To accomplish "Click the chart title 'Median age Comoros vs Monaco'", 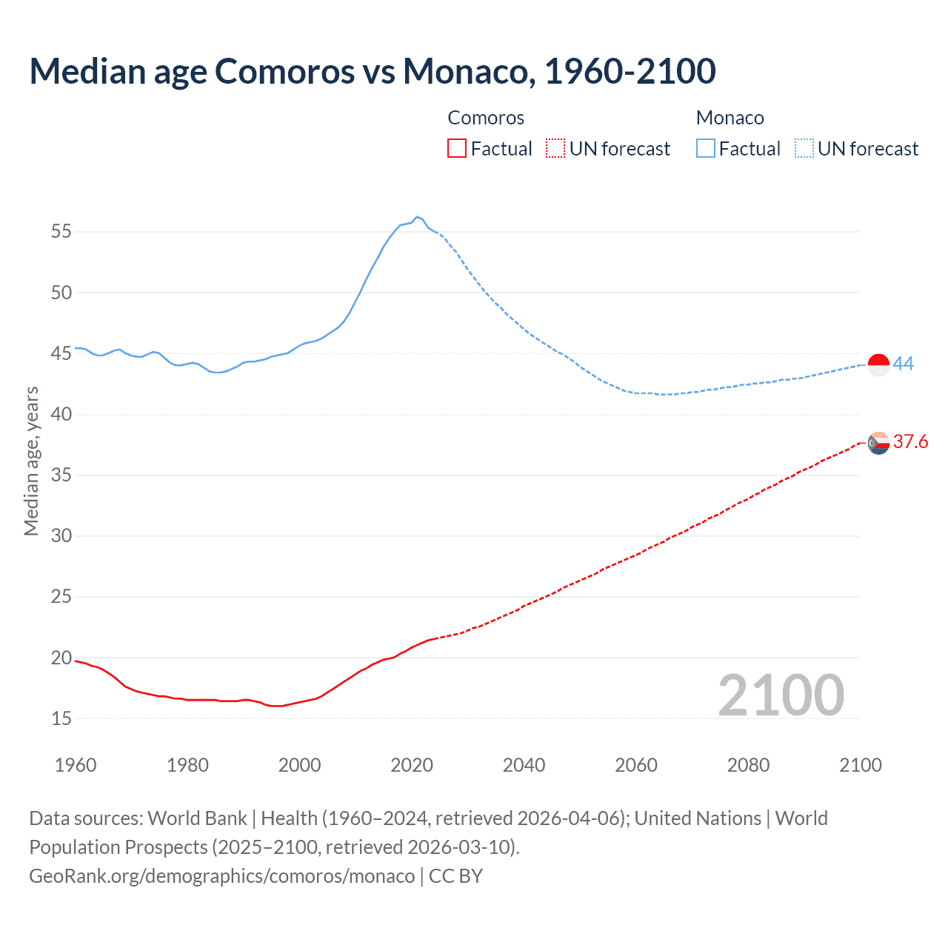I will coord(373,71).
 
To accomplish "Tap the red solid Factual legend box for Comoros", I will coord(457,149).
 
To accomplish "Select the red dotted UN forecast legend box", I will coord(555,149).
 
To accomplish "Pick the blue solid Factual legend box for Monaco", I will coord(705,149).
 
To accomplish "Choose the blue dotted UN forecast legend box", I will coord(804,149).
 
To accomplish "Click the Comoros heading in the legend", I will coord(486,118).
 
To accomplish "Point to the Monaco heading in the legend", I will coord(730,118).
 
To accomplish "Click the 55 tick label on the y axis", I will coord(61,232).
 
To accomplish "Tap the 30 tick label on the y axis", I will coord(61,535).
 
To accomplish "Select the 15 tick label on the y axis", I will coord(61,718).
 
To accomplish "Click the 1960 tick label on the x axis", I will coord(76,765).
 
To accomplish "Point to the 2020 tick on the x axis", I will coord(412,765).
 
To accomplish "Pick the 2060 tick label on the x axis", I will coord(636,765).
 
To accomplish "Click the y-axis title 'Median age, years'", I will coord(31,461).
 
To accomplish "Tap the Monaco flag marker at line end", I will coord(878,365).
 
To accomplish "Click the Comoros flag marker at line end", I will coord(878,443).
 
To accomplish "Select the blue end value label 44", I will coord(903,364).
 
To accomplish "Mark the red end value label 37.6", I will coord(910,442).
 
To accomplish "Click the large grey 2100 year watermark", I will coord(781,695).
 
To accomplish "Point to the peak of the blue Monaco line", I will coord(417,217).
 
